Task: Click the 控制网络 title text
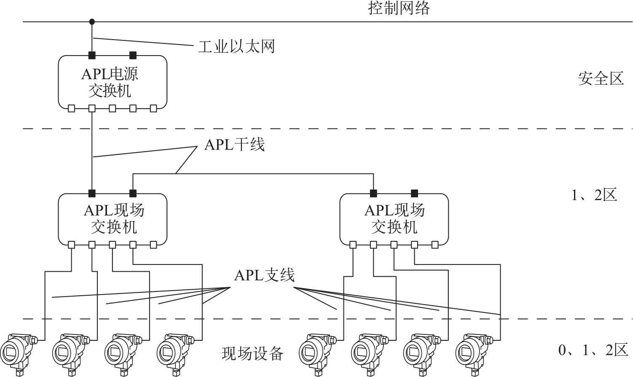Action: pos(399,8)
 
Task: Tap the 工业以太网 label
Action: pos(236,46)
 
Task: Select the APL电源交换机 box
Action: pos(113,82)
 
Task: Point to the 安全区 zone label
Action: pos(601,79)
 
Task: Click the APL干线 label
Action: pos(234,145)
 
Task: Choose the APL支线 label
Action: pos(264,275)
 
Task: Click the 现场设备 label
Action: pos(252,353)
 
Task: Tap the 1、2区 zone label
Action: pos(594,195)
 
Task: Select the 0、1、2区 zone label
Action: pos(593,350)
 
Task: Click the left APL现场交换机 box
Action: pos(113,219)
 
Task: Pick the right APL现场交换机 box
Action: pos(394,219)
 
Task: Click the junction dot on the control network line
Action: pos(92,21)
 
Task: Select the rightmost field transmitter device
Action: pos(474,350)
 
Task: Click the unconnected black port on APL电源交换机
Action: pos(133,55)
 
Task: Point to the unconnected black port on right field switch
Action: pos(414,193)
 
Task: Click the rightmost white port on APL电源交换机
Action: pos(153,109)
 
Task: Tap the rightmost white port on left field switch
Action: pos(153,244)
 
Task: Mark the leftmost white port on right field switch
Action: pos(353,244)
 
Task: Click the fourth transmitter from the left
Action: pos(174,350)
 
